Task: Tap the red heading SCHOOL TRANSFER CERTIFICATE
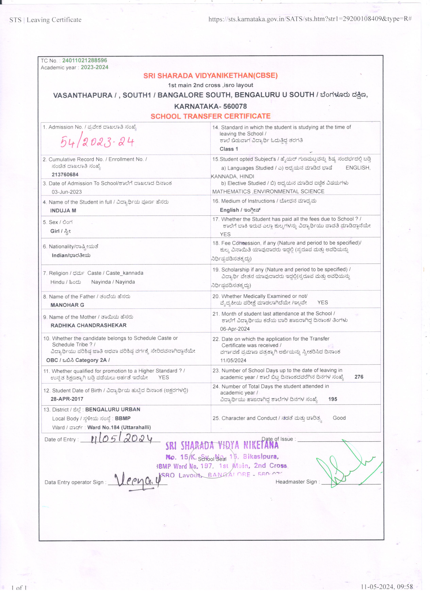click(210, 116)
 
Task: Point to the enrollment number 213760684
click(65, 174)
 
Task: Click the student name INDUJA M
click(63, 211)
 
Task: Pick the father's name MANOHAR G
click(67, 305)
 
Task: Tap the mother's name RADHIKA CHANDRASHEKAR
click(88, 325)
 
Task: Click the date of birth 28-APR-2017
click(67, 399)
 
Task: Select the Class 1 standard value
click(229, 149)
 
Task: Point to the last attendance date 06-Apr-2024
click(235, 329)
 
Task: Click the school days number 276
click(359, 377)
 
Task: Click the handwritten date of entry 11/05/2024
click(121, 439)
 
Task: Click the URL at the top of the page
click(310, 19)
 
